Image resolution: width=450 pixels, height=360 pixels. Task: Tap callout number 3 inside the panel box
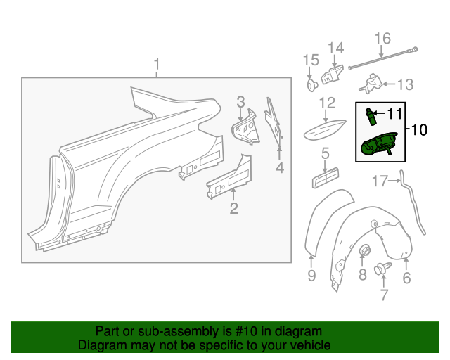pyautogui.click(x=240, y=103)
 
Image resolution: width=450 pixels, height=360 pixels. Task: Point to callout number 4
pyautogui.click(x=279, y=167)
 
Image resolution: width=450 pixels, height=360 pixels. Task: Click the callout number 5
pyautogui.click(x=326, y=153)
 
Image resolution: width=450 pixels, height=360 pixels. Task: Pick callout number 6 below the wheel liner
pyautogui.click(x=406, y=278)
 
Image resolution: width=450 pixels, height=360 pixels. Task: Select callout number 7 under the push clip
pyautogui.click(x=384, y=295)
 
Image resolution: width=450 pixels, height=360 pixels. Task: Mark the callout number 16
pyautogui.click(x=382, y=38)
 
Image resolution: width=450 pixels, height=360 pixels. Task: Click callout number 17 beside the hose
pyautogui.click(x=380, y=181)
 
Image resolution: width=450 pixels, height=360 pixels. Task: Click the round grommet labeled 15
pyautogui.click(x=311, y=85)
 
